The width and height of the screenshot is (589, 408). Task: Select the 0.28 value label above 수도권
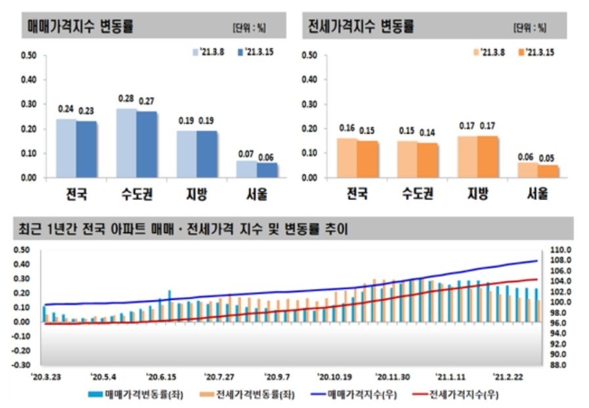point(127,98)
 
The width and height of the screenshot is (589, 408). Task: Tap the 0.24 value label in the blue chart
point(66,109)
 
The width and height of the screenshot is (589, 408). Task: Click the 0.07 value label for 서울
point(243,154)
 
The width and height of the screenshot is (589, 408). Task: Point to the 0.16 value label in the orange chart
point(347,129)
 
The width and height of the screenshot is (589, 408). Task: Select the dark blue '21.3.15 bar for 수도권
point(145,144)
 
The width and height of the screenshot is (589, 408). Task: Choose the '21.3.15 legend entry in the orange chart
point(540,53)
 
